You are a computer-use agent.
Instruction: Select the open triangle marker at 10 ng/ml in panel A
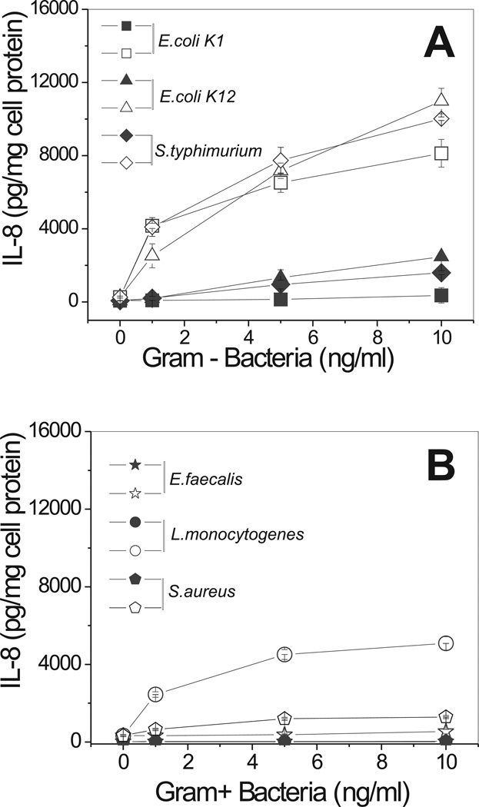point(442,99)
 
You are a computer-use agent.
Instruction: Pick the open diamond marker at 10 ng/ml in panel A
point(442,118)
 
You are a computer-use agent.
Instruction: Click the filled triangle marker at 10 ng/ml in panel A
point(442,256)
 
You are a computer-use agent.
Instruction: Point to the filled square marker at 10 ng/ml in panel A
point(442,295)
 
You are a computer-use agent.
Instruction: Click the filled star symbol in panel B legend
point(135,465)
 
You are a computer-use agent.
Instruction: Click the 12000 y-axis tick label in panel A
point(59,82)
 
